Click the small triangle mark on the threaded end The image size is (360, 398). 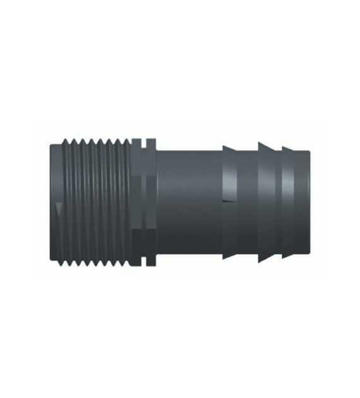58,209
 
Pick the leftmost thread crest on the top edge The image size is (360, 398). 68,140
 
